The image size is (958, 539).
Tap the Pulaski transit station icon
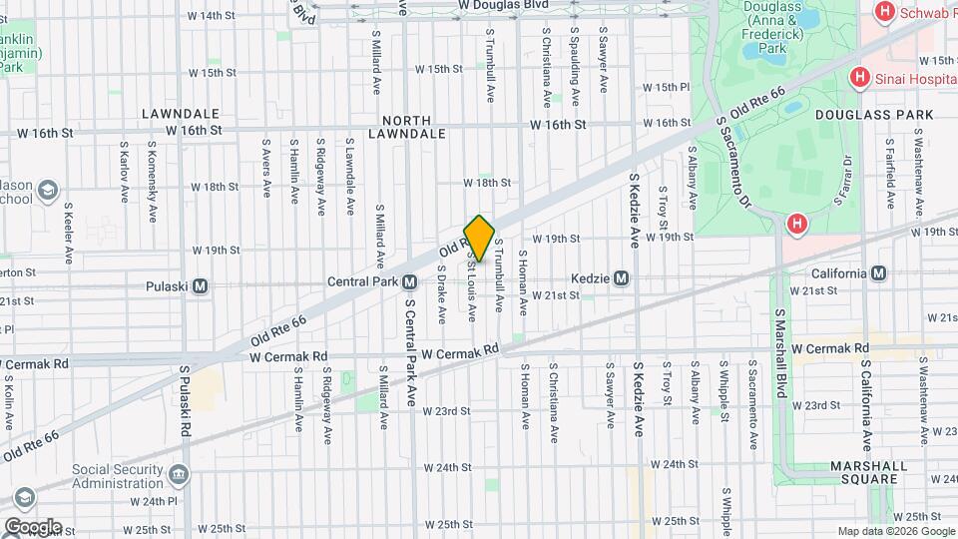(x=201, y=286)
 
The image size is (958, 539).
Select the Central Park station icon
(x=409, y=281)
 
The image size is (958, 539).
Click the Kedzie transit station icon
(x=621, y=278)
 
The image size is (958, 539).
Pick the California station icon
(x=879, y=273)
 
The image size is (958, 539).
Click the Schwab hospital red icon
(x=882, y=13)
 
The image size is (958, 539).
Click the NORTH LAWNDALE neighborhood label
(x=406, y=126)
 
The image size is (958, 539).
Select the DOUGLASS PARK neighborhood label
(x=874, y=115)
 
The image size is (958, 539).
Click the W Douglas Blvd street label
(x=504, y=5)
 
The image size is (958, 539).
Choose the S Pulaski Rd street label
(x=185, y=401)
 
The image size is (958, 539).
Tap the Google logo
(x=32, y=526)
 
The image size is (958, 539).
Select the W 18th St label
(x=487, y=183)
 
